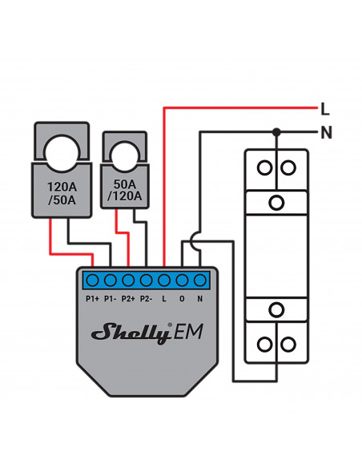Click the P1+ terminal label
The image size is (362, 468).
(x=92, y=298)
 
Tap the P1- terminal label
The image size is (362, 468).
(x=110, y=298)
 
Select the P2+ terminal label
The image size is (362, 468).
(x=128, y=298)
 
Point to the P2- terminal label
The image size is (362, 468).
(x=146, y=298)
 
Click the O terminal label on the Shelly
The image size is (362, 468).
(x=182, y=298)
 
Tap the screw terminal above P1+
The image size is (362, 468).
(x=92, y=280)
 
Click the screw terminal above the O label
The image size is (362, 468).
(x=182, y=280)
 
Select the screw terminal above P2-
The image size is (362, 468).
(x=146, y=280)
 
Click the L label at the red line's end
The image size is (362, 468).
(x=324, y=109)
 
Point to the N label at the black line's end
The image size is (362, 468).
(x=326, y=132)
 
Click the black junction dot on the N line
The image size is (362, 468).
(x=276, y=132)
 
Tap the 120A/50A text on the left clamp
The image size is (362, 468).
(x=62, y=193)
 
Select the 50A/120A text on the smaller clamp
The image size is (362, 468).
(x=125, y=190)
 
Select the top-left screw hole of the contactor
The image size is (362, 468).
(x=264, y=167)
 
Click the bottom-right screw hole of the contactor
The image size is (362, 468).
(x=288, y=345)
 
